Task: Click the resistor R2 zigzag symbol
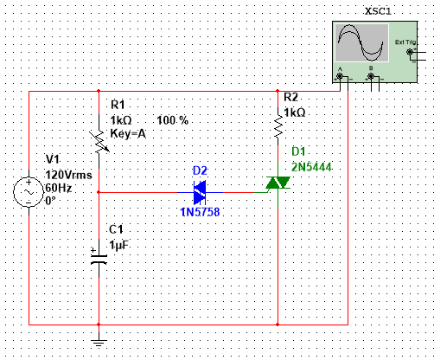(278, 129)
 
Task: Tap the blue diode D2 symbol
(201, 187)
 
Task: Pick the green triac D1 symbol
(278, 183)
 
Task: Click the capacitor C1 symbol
(99, 255)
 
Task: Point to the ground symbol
(99, 339)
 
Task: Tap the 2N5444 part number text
(313, 165)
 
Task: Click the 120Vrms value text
(68, 173)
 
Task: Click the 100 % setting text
(173, 119)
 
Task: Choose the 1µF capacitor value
(119, 245)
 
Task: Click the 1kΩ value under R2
(295, 112)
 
